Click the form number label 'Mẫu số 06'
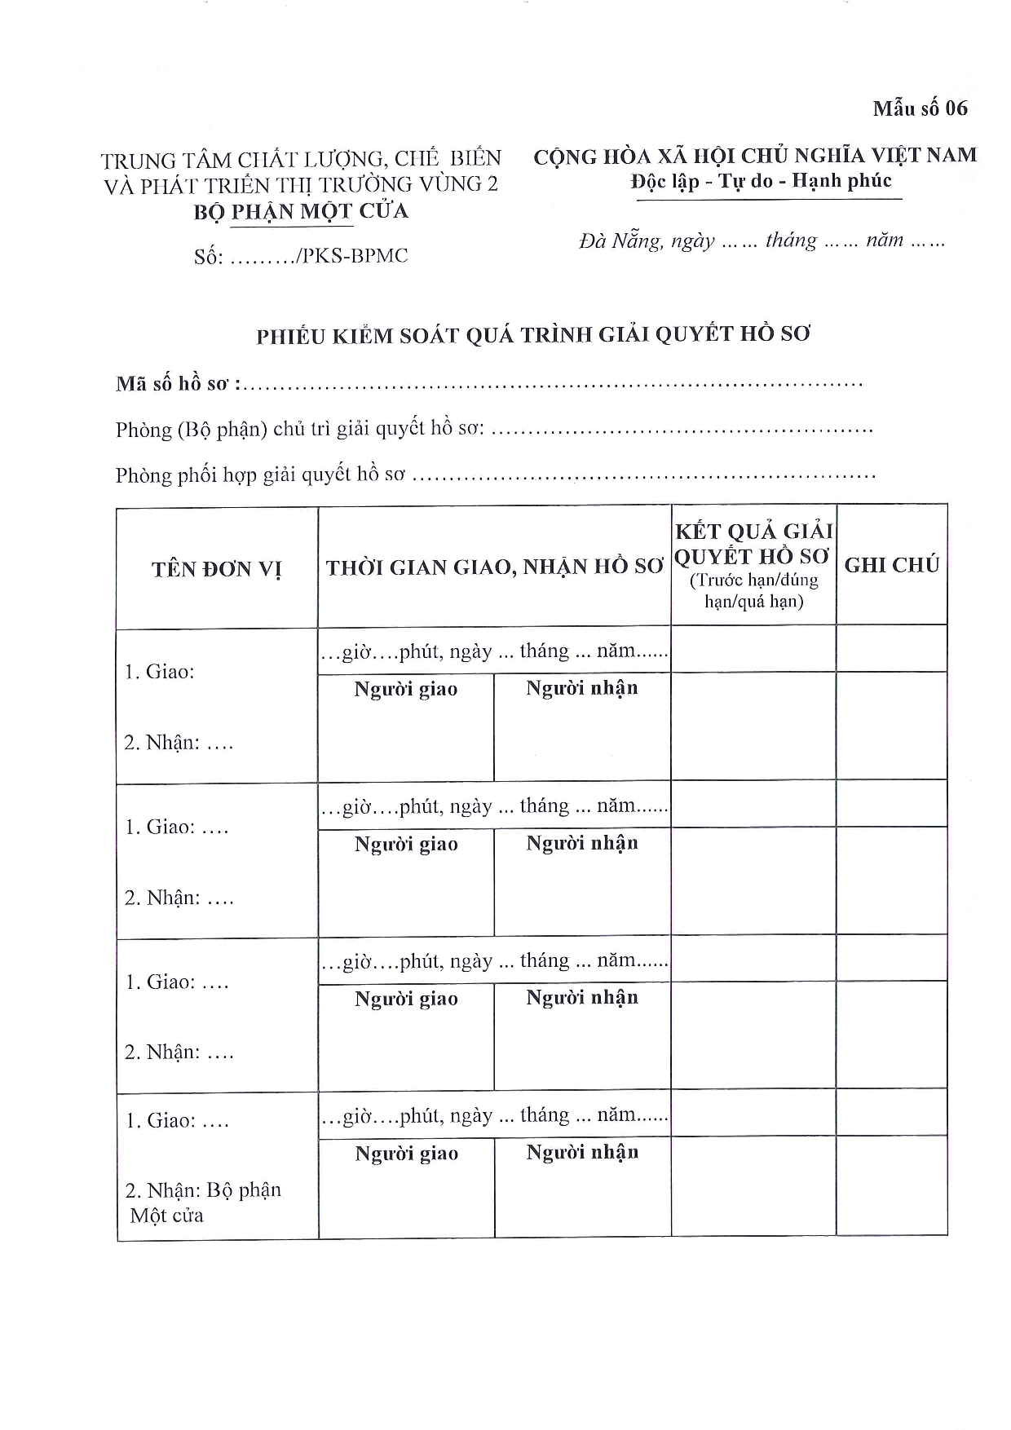920,108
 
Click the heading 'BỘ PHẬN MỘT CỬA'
301,211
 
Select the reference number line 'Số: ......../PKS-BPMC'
301,256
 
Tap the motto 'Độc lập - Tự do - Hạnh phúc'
761,181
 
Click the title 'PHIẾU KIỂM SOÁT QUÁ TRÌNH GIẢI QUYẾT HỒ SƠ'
534,335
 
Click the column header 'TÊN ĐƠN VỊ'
216,568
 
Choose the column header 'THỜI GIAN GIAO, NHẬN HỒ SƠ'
494,567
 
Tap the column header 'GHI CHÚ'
892,565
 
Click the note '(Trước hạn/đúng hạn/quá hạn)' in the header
753,591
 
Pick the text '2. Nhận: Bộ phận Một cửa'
202,1202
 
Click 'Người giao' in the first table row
405,690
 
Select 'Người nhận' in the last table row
582,1153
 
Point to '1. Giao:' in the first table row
160,672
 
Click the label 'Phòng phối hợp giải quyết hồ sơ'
260,474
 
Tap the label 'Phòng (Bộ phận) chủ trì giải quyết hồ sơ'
300,429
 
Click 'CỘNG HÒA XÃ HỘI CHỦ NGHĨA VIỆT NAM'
755,156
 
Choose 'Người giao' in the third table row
406,999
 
